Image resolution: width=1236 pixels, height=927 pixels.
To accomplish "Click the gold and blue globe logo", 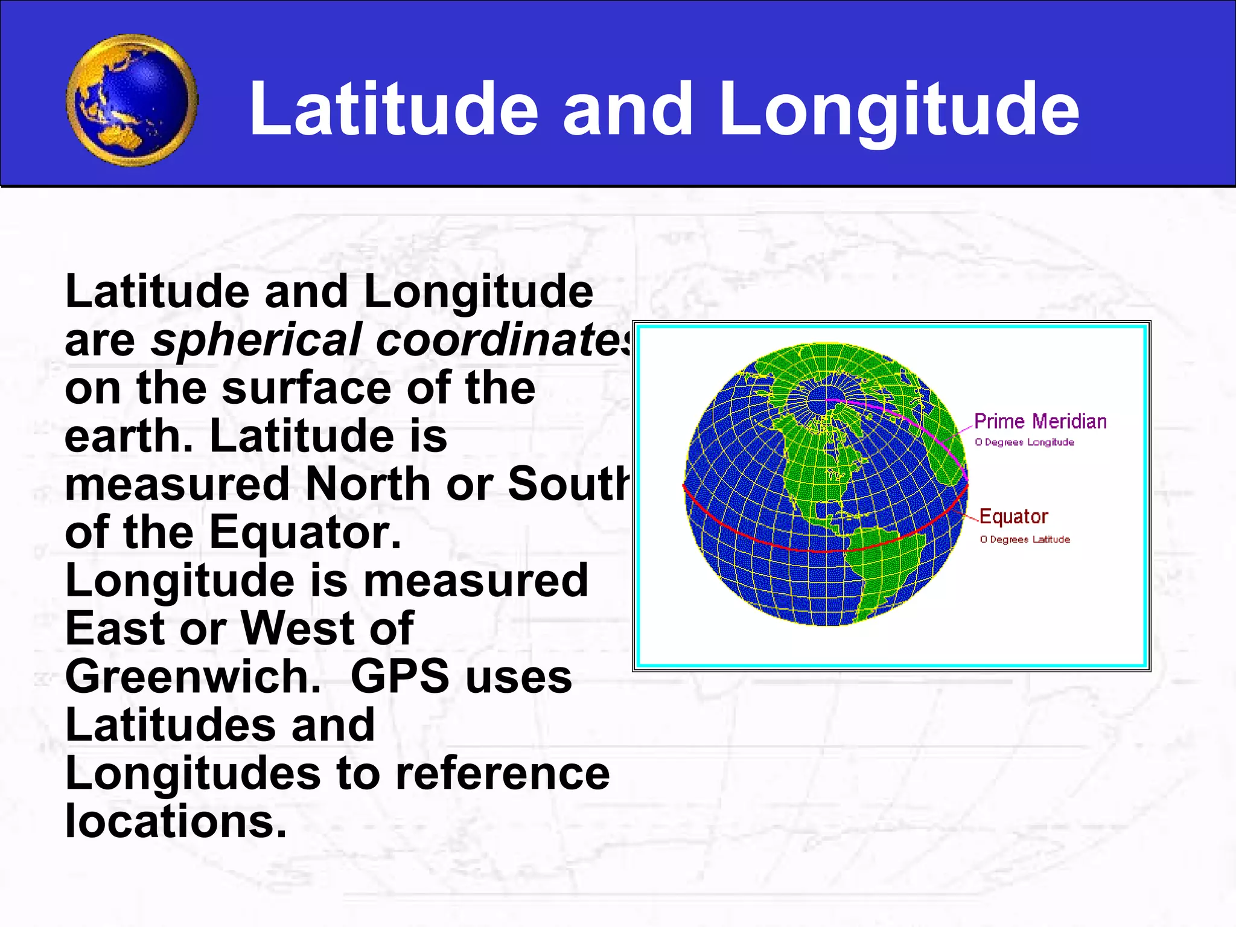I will tap(132, 100).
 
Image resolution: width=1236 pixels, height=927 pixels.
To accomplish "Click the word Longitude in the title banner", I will tap(899, 110).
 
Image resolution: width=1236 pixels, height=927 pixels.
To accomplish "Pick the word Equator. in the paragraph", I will tap(305, 532).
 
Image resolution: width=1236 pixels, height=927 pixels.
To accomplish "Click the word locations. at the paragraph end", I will tap(176, 821).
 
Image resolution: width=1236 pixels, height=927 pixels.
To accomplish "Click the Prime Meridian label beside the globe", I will tap(1040, 421).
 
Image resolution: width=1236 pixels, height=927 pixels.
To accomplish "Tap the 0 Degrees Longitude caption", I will tap(1024, 442).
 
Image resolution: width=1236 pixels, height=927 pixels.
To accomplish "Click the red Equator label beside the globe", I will tap(1013, 517).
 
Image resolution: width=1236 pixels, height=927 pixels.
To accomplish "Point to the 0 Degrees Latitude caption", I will tap(1025, 540).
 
